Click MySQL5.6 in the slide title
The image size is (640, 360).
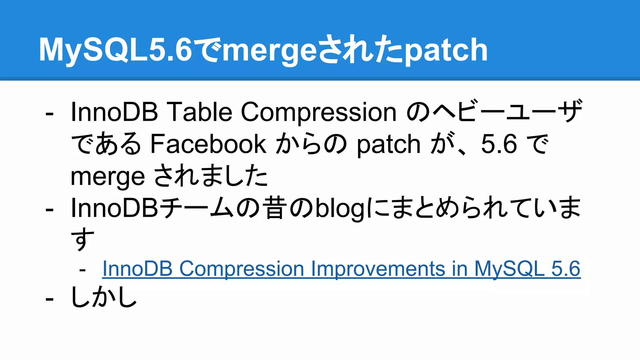(x=115, y=49)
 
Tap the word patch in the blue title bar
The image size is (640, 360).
(x=446, y=49)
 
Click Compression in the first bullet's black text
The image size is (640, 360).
(x=318, y=112)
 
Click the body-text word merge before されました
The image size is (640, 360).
(x=108, y=177)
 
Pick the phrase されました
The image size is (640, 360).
(x=211, y=176)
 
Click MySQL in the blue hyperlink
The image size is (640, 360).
(x=510, y=269)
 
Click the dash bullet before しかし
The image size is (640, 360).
(x=49, y=299)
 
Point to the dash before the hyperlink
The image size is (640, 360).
(x=82, y=269)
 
